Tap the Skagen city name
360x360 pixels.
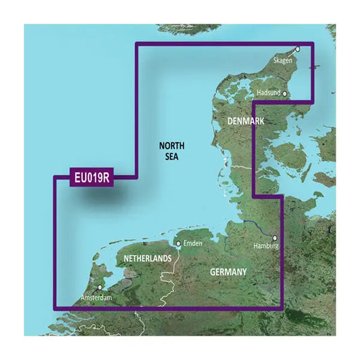pyautogui.click(x=284, y=60)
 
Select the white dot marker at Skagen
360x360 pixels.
pyautogui.click(x=297, y=49)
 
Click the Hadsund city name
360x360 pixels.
pyautogui.click(x=268, y=93)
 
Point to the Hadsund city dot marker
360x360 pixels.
pyautogui.click(x=285, y=94)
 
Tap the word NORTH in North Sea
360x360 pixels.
pyautogui.click(x=172, y=146)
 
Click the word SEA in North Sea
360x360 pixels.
pyautogui.click(x=172, y=157)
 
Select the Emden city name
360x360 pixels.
pyautogui.click(x=192, y=243)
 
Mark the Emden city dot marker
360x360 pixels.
pyautogui.click(x=178, y=243)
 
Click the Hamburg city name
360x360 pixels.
pyautogui.click(x=265, y=247)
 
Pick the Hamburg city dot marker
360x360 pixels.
pyautogui.click(x=275, y=238)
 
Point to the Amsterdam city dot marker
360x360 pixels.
pyautogui.click(x=101, y=287)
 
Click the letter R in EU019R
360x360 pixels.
pyautogui.click(x=108, y=179)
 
